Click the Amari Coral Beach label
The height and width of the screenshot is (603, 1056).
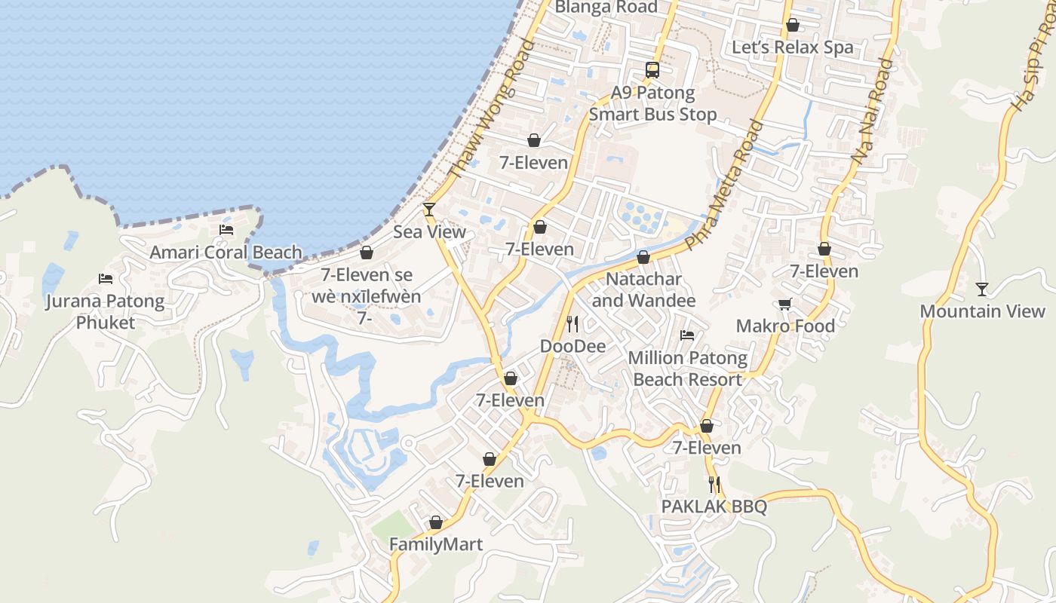[226, 253]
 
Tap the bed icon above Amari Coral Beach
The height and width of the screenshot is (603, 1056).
[226, 230]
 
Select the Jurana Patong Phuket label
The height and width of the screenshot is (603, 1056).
[105, 312]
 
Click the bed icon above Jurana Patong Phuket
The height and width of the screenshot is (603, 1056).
[106, 279]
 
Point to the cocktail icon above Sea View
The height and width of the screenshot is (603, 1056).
[429, 209]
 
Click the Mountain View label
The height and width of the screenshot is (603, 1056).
[982, 311]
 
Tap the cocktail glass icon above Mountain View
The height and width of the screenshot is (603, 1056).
[981, 289]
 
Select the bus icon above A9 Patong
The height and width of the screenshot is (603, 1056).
[652, 70]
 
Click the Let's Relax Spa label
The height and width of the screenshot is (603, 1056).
[793, 47]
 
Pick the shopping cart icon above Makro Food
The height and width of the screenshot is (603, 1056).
[784, 304]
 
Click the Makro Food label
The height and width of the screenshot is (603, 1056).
[785, 326]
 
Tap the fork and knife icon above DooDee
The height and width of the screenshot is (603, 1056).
[573, 324]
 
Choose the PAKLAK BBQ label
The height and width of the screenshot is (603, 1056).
[714, 507]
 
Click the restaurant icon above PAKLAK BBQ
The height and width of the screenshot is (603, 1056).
[714, 485]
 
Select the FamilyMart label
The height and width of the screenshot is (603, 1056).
[436, 544]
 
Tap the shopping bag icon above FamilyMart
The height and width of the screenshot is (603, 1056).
[436, 522]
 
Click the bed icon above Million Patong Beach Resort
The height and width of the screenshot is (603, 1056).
[687, 335]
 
